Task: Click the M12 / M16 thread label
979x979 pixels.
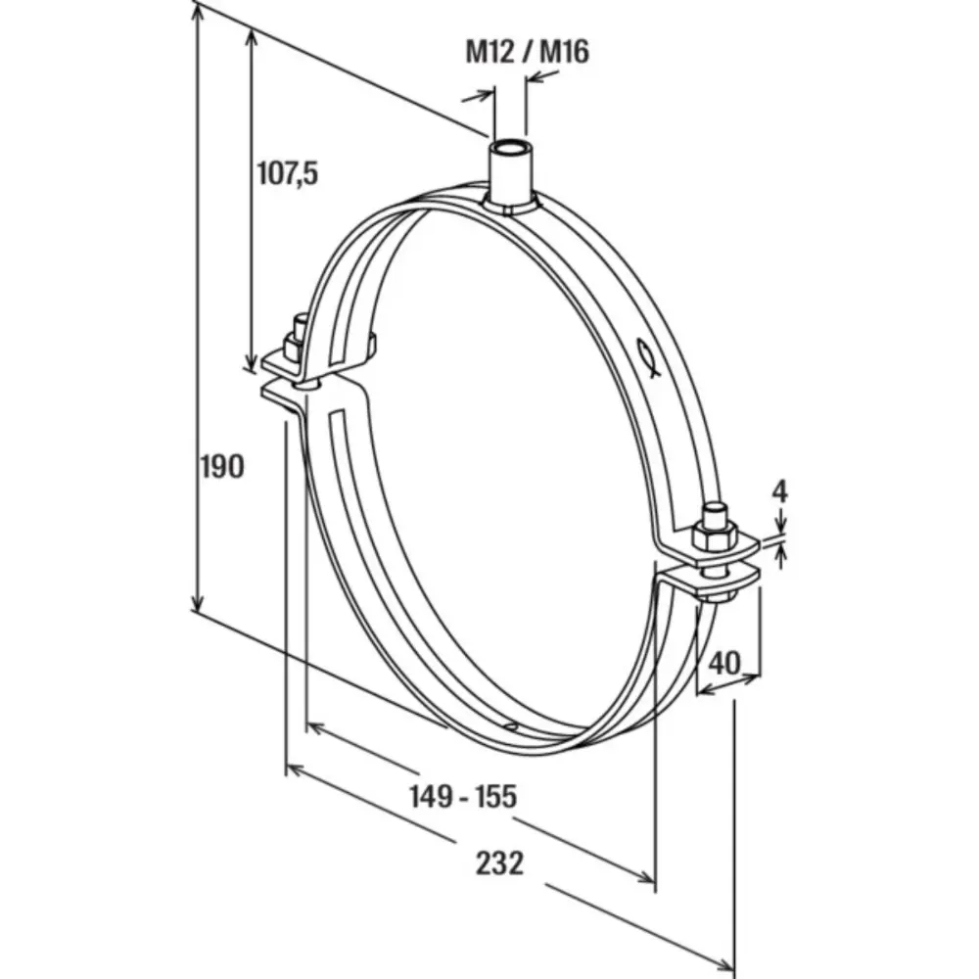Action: pyautogui.click(x=527, y=51)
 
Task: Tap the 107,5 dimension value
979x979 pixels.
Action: pyautogui.click(x=288, y=173)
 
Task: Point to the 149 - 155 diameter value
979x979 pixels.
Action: pyautogui.click(x=462, y=797)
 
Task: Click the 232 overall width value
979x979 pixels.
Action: pyautogui.click(x=499, y=862)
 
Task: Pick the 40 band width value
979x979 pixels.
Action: pyautogui.click(x=724, y=663)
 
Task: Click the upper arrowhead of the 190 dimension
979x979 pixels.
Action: pyautogui.click(x=199, y=12)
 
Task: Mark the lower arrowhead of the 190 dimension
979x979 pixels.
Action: pyautogui.click(x=199, y=602)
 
